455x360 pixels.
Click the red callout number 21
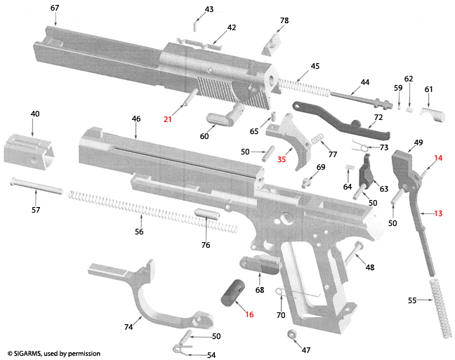167,119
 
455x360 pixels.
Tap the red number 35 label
282,159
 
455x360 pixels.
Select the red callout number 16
249,314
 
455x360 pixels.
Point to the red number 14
438,159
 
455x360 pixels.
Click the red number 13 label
438,213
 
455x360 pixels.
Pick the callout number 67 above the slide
55,8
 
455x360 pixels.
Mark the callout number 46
136,119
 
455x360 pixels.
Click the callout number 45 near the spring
315,66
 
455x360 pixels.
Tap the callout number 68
260,290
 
